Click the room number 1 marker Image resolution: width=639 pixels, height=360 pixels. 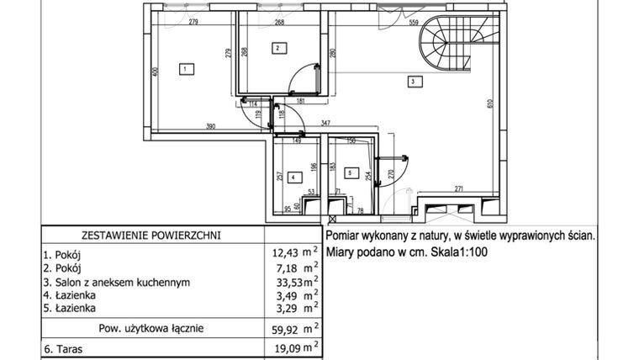[183, 69]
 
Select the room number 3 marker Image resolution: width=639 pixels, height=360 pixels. [413, 82]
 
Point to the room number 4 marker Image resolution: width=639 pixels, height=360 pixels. [292, 177]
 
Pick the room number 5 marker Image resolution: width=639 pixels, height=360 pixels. [350, 174]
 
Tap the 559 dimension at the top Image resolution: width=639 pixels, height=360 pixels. [414, 24]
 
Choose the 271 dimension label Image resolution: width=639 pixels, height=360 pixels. [460, 188]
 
